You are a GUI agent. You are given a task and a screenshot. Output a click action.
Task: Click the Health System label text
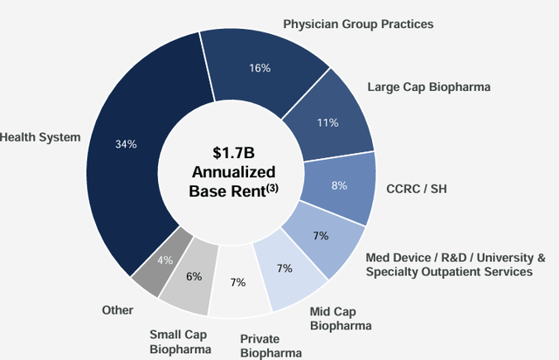click(x=40, y=136)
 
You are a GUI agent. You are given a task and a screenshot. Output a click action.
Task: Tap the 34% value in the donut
click(x=127, y=143)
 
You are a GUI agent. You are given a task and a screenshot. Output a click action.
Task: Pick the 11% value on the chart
click(x=328, y=122)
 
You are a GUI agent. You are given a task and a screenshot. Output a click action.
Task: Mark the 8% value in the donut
click(x=340, y=185)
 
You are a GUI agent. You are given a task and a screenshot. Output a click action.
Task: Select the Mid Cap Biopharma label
click(x=342, y=318)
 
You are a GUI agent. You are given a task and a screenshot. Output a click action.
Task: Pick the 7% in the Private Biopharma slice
click(x=238, y=282)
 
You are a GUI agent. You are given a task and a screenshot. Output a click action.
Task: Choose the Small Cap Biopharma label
click(x=179, y=343)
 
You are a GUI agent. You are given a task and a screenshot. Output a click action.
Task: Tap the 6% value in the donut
click(x=194, y=276)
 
